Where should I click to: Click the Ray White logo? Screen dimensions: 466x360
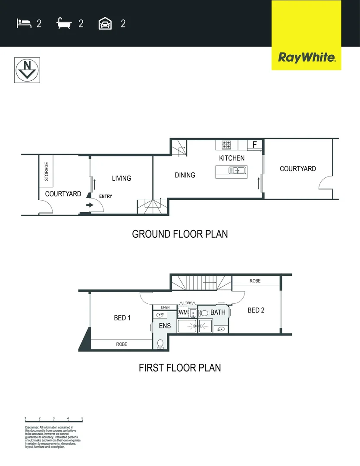tap(306, 57)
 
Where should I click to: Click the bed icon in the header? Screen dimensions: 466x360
tap(24, 23)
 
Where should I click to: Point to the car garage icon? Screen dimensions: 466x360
tap(106, 23)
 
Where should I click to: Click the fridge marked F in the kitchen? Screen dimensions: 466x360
tap(254, 145)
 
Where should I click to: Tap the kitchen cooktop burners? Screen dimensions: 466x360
tap(227, 145)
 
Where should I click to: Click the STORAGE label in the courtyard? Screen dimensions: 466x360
tap(47, 171)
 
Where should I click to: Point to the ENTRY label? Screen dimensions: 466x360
tap(106, 196)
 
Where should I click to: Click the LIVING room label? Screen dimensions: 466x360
tap(122, 178)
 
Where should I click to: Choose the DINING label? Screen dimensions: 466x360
tap(185, 175)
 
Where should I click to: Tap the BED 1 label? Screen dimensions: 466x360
tap(122, 318)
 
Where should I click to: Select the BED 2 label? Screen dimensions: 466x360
tap(256, 310)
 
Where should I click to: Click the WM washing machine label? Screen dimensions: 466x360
tap(183, 312)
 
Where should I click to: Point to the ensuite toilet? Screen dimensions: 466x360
tap(160, 343)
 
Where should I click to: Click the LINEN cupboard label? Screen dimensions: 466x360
tap(165, 307)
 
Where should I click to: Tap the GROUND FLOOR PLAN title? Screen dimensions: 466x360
tap(180, 234)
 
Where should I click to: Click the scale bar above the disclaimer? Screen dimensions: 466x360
tap(54, 419)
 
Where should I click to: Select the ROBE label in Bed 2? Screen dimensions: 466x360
tap(255, 281)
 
